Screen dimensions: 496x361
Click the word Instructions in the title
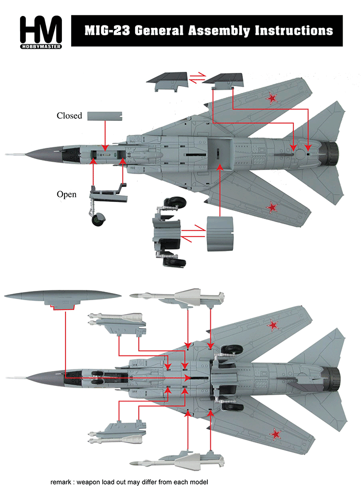pos(293,30)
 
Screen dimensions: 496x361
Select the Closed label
pos(69,116)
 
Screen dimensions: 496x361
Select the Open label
pos(67,194)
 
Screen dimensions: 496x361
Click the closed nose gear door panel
pos(105,116)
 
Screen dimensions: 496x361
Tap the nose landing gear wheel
pos(96,220)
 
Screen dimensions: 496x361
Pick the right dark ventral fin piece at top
pos(223,79)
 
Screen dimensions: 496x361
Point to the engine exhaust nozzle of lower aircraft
pos(333,377)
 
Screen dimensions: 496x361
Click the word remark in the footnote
pos(62,482)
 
